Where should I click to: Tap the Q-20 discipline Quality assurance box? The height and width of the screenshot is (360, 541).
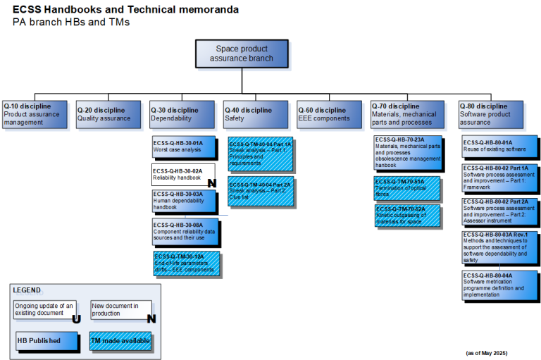point(107,113)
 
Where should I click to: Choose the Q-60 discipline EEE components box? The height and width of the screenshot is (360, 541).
point(328,113)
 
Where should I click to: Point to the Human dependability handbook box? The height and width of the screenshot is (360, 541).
point(184,200)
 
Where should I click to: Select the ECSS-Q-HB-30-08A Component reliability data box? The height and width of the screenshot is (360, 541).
point(185,230)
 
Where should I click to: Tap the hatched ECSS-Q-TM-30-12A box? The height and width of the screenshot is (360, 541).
point(186,263)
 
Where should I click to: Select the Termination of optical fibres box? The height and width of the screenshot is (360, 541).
point(407,188)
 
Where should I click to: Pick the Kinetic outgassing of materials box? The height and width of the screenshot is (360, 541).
point(407,215)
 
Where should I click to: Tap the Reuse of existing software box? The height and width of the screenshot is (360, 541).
point(499,147)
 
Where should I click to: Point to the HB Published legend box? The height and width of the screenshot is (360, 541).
point(44,340)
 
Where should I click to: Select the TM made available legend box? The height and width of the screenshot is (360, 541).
point(120,340)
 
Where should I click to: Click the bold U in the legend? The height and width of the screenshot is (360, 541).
point(75,318)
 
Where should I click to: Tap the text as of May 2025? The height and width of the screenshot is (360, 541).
point(486,352)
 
